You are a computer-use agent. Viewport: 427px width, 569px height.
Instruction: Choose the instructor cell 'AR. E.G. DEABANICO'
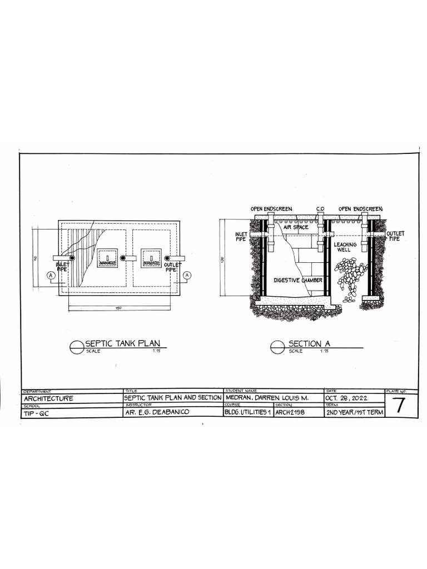click(157, 413)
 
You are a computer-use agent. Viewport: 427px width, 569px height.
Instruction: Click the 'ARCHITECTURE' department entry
click(47, 398)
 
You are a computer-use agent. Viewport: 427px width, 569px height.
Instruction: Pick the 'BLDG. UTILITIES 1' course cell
click(247, 413)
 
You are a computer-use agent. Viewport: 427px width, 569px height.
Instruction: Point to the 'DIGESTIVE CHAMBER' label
click(297, 280)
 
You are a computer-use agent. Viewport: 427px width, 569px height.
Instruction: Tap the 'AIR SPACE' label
click(296, 227)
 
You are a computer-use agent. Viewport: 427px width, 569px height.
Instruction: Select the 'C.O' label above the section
click(320, 209)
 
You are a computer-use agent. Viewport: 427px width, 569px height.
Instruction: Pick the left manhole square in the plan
click(107, 258)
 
